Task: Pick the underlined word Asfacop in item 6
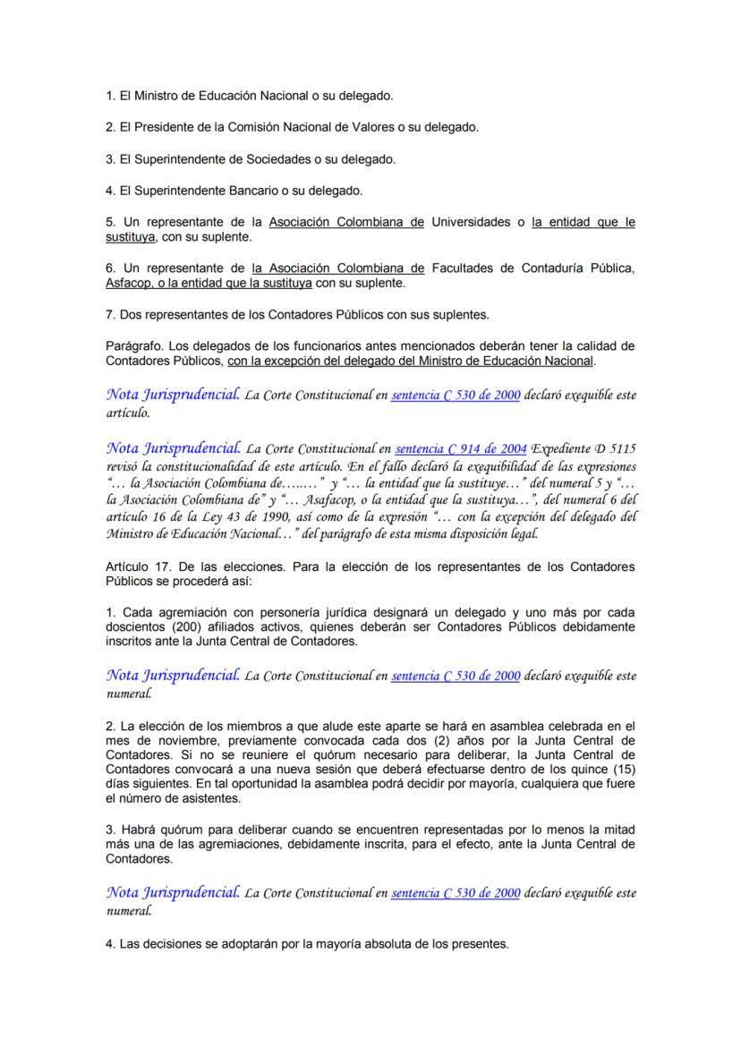(x=127, y=283)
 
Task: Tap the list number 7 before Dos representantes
(x=109, y=314)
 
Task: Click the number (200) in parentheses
(x=190, y=627)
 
